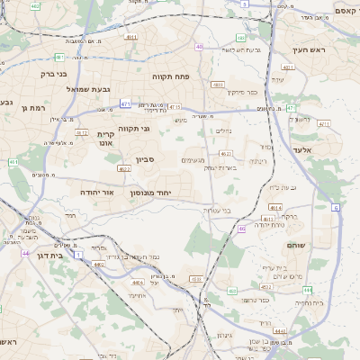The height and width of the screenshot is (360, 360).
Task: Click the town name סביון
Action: pos(146,159)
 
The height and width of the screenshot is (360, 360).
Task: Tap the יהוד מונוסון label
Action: pos(150,193)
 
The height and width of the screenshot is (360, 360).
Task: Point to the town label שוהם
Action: pos(296,245)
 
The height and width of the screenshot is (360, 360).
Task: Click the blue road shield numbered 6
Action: pos(336,208)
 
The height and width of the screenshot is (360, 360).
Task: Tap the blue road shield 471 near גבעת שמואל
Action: pos(125,104)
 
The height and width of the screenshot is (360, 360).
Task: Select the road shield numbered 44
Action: pos(25,253)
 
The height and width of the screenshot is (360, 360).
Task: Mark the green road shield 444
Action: pos(307,290)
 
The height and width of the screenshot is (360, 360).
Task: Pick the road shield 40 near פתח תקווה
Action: pos(199,47)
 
